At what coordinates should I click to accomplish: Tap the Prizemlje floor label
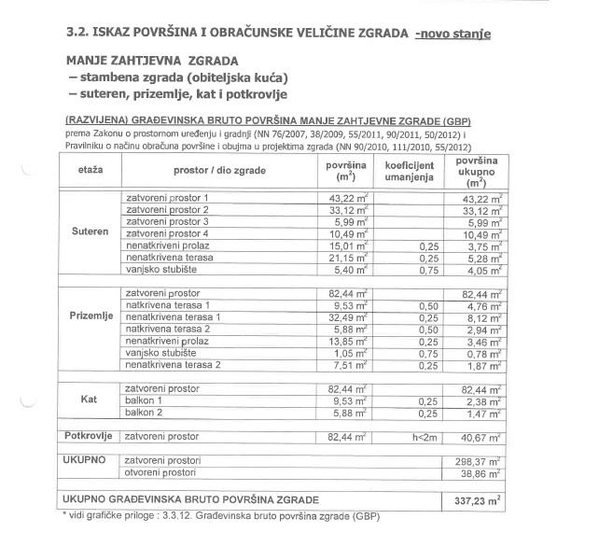(91, 317)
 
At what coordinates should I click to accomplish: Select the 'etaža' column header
(91, 172)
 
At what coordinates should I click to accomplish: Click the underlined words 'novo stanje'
(455, 34)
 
